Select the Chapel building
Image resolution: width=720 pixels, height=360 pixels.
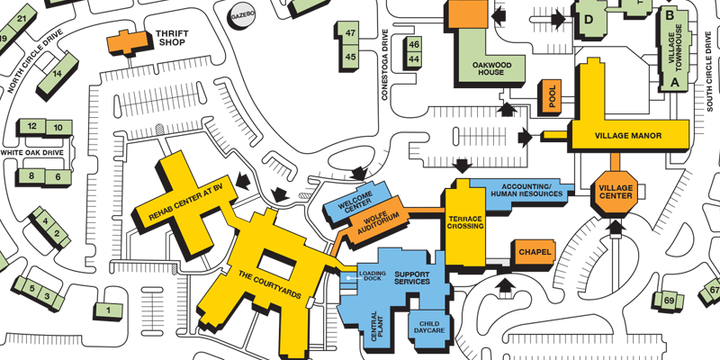click(535, 252)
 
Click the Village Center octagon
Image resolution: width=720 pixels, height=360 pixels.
click(616, 190)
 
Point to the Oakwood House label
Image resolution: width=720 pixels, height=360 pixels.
click(492, 68)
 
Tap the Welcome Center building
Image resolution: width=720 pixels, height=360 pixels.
click(357, 203)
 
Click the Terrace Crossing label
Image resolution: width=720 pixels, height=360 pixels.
click(465, 222)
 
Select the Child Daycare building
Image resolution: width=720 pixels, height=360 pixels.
click(428, 327)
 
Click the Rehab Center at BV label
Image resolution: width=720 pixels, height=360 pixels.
click(185, 202)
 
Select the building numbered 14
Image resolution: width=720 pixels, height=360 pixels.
click(58, 74)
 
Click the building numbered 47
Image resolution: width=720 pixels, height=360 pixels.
click(351, 33)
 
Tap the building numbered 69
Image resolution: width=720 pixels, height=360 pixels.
click(669, 301)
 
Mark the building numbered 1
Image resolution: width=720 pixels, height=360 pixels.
click(109, 310)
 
